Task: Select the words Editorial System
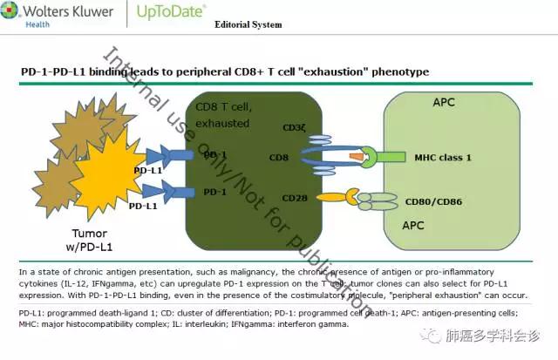click(248, 24)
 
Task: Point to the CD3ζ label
click(294, 127)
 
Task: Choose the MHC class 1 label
click(443, 158)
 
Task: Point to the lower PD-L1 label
click(143, 207)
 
